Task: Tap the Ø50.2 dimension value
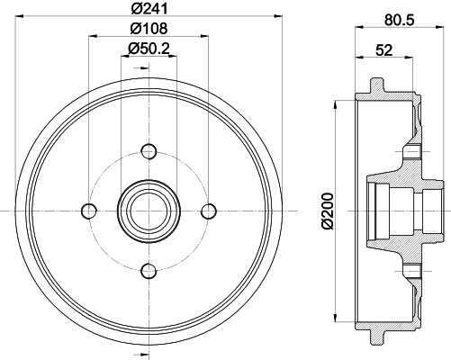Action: [149, 48]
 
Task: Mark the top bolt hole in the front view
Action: [149, 150]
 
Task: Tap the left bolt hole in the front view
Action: [88, 211]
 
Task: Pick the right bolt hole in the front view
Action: [209, 211]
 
